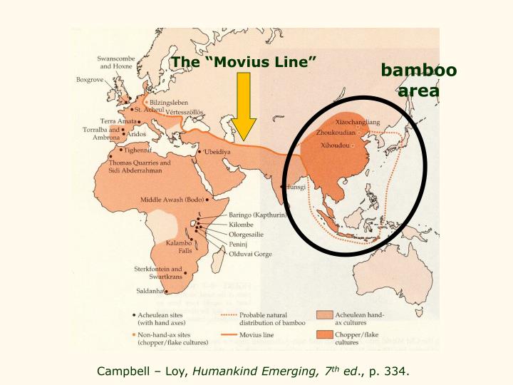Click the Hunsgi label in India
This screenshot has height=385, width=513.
[x=296, y=188]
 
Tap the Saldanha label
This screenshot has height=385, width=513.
[x=150, y=291]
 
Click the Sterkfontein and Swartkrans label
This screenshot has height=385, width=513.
[x=159, y=272]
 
